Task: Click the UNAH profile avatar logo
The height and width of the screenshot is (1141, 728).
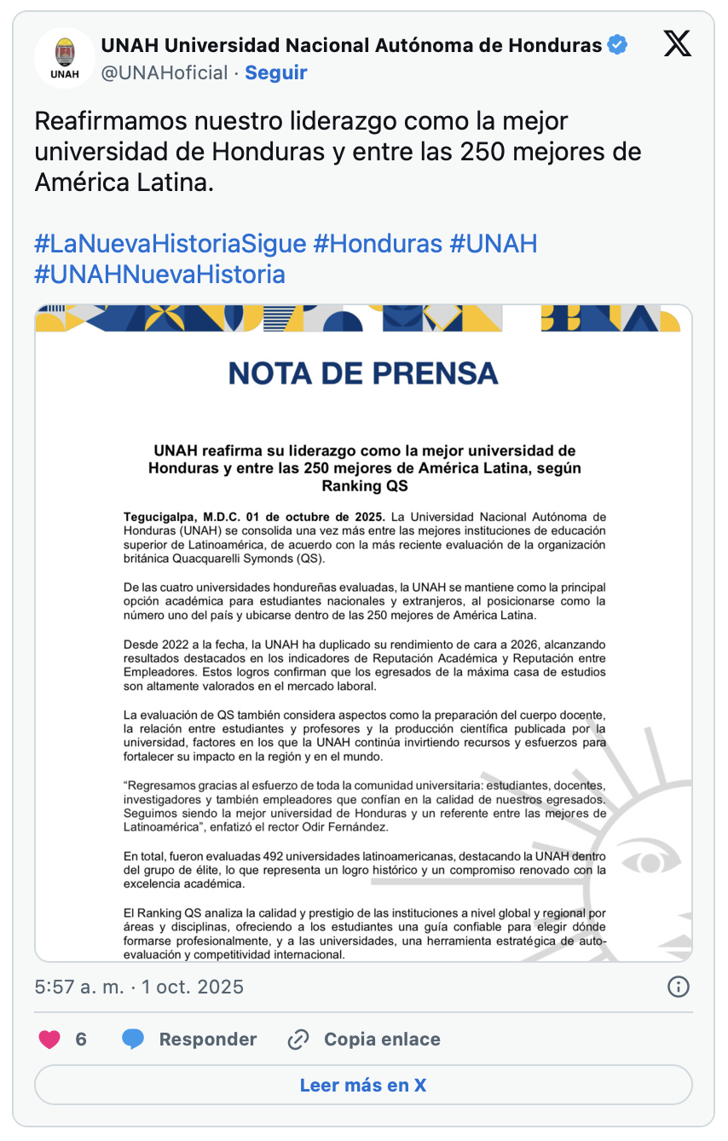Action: tap(64, 58)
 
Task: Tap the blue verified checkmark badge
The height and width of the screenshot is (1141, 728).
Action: tap(617, 45)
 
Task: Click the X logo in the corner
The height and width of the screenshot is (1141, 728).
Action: tap(678, 43)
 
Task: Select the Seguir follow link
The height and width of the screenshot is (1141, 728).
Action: tap(275, 73)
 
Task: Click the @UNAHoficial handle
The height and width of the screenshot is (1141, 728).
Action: tap(165, 73)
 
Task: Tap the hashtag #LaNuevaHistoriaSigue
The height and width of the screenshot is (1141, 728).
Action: tap(170, 244)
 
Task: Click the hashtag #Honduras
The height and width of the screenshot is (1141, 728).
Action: tap(378, 244)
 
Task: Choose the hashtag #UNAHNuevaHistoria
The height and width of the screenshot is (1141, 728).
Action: tap(159, 275)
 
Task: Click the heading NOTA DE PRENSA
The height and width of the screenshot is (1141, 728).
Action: tap(363, 373)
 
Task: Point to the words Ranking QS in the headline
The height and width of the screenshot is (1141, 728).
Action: tap(364, 486)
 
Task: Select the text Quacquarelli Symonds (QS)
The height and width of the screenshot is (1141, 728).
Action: tap(243, 559)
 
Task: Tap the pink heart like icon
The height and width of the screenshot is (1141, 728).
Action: tap(50, 1040)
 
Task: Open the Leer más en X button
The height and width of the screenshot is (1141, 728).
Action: tap(363, 1086)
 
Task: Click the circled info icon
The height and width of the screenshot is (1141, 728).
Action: tap(678, 987)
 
